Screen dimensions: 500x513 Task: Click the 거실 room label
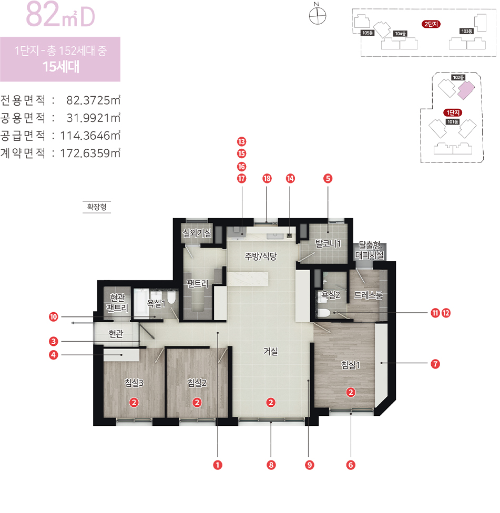(x=271, y=352)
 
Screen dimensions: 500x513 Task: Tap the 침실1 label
(x=351, y=365)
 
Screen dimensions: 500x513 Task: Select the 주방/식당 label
(x=261, y=256)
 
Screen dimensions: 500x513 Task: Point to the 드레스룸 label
(x=369, y=295)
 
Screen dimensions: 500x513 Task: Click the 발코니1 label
(x=328, y=244)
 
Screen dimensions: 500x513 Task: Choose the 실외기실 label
(x=197, y=233)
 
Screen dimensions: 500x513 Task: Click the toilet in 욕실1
(x=171, y=297)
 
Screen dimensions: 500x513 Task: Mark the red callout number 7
(x=435, y=364)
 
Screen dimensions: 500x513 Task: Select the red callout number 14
(x=290, y=178)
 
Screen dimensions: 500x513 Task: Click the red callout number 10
(x=53, y=317)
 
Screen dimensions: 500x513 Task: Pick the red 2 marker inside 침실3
(x=134, y=402)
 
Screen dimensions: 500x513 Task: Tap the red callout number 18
(x=267, y=178)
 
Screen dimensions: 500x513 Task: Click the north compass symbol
(x=318, y=14)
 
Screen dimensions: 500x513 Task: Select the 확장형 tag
(x=97, y=207)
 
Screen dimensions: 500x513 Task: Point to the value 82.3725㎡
(x=94, y=100)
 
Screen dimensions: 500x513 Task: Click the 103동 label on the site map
(x=467, y=31)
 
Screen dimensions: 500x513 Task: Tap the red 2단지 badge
(x=431, y=24)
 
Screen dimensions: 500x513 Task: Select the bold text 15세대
(x=61, y=67)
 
